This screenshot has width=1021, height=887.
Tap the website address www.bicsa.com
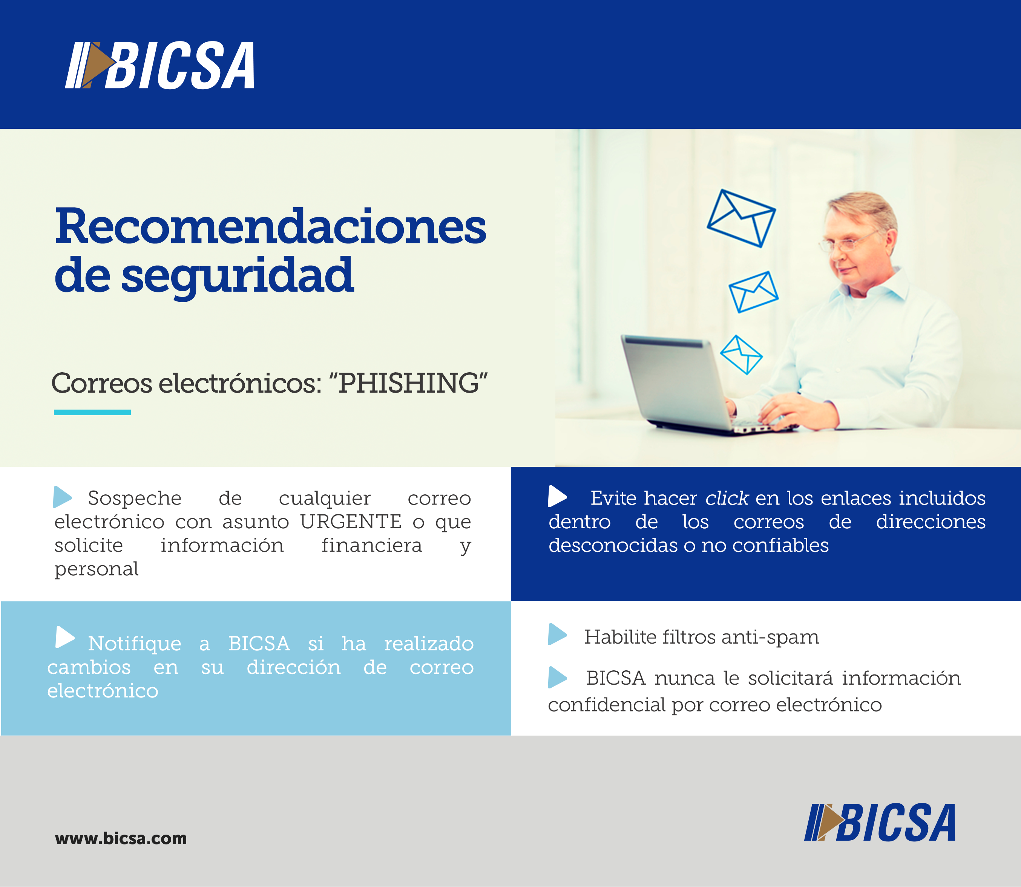(x=121, y=838)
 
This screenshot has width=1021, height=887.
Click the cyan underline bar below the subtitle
(x=92, y=412)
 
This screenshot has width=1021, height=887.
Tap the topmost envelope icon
(x=741, y=218)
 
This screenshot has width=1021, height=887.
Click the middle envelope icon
(x=754, y=292)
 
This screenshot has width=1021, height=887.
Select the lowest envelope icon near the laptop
(x=741, y=355)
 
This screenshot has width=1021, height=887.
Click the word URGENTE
(x=351, y=522)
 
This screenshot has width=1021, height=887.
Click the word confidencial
(x=607, y=705)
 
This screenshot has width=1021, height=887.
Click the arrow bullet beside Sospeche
(x=62, y=497)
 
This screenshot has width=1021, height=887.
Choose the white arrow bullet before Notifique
(x=65, y=637)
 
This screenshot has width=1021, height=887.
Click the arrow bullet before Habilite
(x=558, y=635)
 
